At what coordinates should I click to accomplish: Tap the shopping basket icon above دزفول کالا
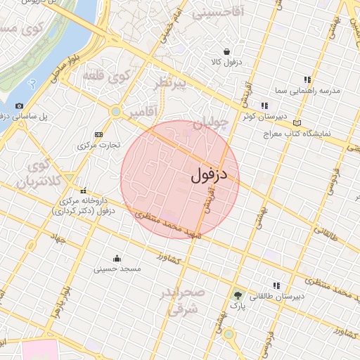click(227, 51)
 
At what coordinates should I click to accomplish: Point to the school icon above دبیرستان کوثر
click(264, 106)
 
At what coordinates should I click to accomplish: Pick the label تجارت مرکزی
click(98, 145)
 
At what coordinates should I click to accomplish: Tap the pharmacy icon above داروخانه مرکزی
click(84, 191)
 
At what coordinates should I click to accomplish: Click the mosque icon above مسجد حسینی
click(116, 257)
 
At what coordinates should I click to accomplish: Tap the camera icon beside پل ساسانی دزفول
click(19, 105)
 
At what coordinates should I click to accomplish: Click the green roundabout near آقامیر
click(115, 111)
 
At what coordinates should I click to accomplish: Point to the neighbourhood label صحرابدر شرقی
click(181, 300)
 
